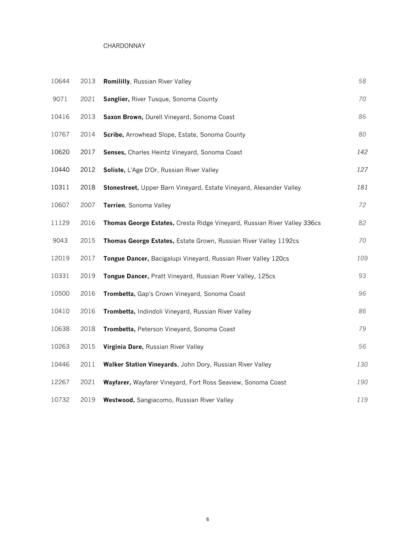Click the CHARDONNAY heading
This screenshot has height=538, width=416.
click(124, 46)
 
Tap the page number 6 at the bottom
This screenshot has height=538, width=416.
click(207, 519)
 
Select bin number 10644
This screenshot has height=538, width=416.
click(60, 81)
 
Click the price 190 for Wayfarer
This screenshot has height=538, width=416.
click(362, 382)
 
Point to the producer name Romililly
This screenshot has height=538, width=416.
click(116, 82)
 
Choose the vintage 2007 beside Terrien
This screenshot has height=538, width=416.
click(88, 205)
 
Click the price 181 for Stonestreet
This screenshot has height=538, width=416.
click(362, 187)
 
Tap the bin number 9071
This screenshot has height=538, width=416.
click(60, 99)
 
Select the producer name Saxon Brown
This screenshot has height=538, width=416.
click(123, 117)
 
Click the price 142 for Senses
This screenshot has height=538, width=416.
click(362, 152)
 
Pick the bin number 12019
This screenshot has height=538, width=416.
click(60, 258)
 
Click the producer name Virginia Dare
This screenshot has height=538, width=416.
click(123, 347)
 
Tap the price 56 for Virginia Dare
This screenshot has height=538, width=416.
click(362, 347)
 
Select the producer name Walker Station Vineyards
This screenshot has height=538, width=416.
click(140, 365)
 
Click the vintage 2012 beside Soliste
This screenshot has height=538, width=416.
click(88, 170)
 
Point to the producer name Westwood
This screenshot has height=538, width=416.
click(119, 400)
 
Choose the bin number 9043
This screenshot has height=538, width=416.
click(60, 241)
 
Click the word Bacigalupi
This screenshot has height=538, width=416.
click(166, 259)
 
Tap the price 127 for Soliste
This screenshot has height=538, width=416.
click(362, 170)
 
